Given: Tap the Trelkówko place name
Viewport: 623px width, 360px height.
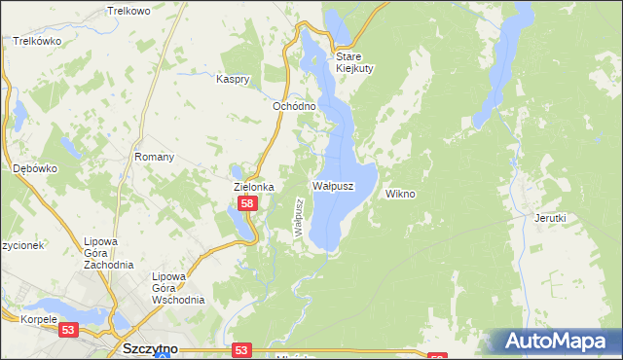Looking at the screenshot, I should coord(37,42).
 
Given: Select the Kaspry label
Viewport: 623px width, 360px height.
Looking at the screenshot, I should coord(234,79).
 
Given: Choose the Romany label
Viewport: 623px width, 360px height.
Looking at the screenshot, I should coord(154,157).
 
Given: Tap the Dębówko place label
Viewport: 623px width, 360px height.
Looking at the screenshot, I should coord(35,168).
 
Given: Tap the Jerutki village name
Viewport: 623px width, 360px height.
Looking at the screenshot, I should coord(550,219).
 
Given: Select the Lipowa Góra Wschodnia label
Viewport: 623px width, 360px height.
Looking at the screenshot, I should coord(177,288).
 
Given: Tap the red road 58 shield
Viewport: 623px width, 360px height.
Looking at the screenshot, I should coord(247,203).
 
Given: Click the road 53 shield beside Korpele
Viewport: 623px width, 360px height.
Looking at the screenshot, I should coord(68,332).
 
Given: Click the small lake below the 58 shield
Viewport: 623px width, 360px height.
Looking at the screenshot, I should coord(240,224).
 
